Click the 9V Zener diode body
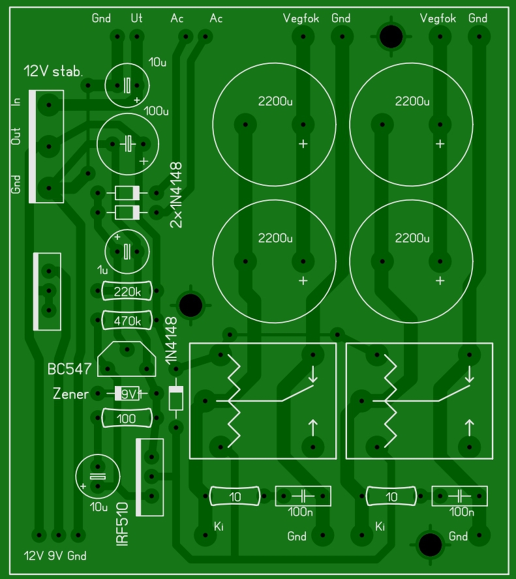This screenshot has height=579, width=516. (127, 394)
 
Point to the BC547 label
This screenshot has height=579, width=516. (68, 369)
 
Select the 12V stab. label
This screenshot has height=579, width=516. (52, 70)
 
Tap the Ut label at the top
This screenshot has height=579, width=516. (136, 18)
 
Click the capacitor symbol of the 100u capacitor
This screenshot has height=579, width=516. (127, 144)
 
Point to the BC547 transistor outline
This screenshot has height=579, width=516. (127, 359)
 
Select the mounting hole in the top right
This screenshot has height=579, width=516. (391, 37)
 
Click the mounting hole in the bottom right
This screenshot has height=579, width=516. (430, 543)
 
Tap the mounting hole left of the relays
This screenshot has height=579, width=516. (190, 304)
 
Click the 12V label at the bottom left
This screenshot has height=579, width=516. (33, 556)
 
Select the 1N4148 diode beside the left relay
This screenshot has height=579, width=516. (175, 398)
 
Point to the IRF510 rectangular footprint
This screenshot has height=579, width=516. (149, 477)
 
